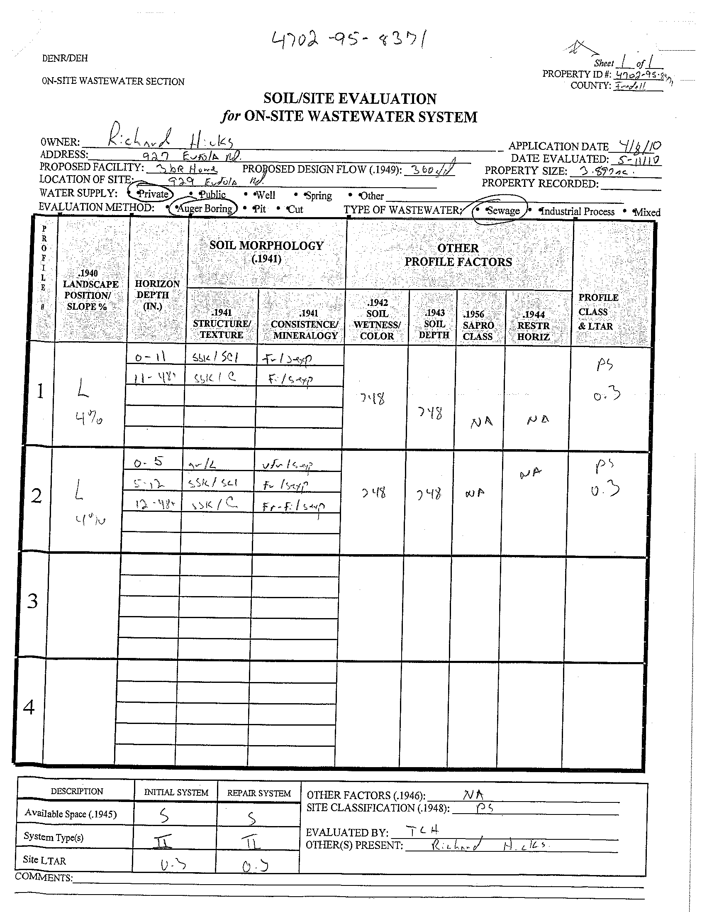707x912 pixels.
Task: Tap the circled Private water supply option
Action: (x=152, y=194)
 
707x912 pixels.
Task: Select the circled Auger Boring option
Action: (x=204, y=208)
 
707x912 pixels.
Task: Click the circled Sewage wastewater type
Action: (x=502, y=210)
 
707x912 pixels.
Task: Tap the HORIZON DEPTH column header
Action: (x=157, y=295)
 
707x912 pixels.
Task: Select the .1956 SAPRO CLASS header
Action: (x=478, y=325)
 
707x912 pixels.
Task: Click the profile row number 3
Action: (x=32, y=602)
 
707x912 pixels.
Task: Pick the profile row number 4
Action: (x=29, y=707)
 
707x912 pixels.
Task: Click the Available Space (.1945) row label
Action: (x=71, y=814)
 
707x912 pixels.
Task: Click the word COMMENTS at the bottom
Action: (x=44, y=878)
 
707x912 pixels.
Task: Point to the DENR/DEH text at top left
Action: (x=65, y=58)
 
